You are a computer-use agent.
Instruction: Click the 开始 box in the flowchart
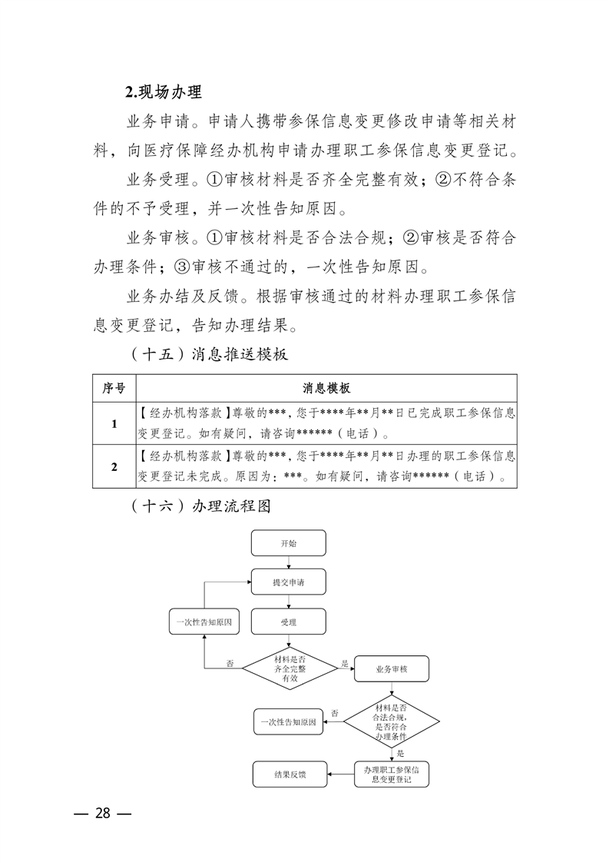[x=289, y=543]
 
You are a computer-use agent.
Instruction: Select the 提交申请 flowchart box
[x=289, y=582]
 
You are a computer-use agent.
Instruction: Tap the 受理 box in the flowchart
[x=289, y=622]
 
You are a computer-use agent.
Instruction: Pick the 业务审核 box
[x=391, y=669]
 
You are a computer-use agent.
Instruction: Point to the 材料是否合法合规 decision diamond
[x=391, y=721]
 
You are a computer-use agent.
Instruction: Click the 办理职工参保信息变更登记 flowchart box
[x=391, y=774]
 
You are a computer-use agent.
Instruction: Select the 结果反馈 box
[x=290, y=774]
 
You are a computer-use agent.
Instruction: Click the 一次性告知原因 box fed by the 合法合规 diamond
[x=290, y=722]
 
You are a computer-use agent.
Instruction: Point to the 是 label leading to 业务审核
[x=345, y=663]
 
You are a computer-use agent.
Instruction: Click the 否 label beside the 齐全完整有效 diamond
[x=230, y=663]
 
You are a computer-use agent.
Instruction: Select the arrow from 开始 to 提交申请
[x=289, y=562]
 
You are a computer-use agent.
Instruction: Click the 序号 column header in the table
[x=114, y=389]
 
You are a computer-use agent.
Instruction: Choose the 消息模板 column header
[x=327, y=389]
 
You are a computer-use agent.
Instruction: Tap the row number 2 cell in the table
[x=114, y=466]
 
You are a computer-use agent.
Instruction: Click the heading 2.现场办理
[x=164, y=93]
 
